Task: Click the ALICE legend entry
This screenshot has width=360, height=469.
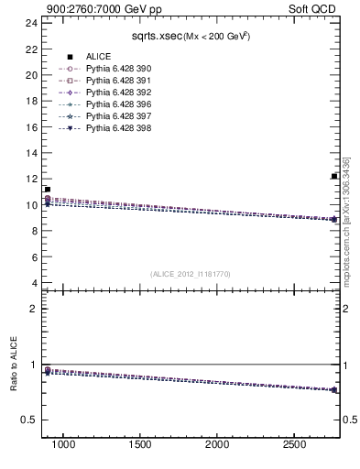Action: coord(98,56)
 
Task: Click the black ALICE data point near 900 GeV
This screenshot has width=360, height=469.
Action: coord(47,190)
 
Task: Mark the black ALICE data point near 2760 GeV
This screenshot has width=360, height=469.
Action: coord(334,177)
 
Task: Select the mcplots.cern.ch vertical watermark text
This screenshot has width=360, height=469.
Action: coord(347,234)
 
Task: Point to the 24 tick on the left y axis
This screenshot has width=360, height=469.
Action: coord(32,23)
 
